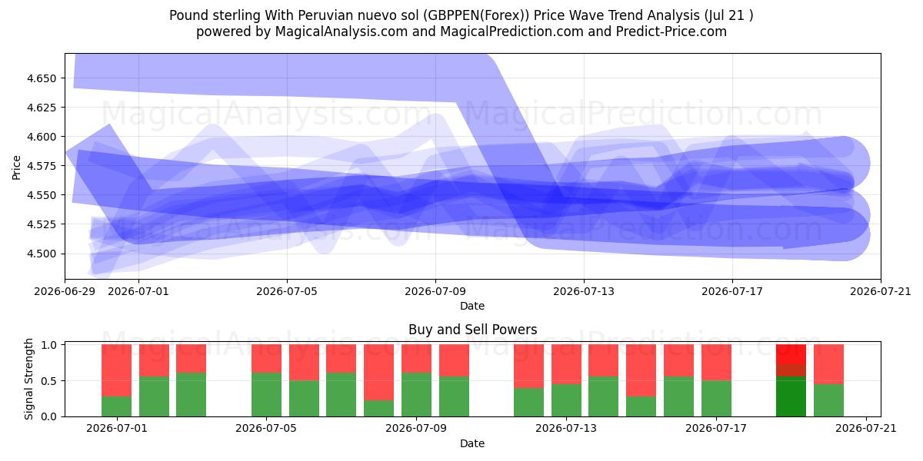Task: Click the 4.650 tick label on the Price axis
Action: (x=42, y=78)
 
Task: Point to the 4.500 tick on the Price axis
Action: (x=42, y=254)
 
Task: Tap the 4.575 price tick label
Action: (x=42, y=166)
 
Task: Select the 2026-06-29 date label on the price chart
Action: (x=65, y=291)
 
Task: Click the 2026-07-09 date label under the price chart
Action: (x=435, y=291)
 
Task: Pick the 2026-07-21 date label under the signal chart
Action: (x=866, y=428)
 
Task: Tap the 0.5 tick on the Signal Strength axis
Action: (x=49, y=381)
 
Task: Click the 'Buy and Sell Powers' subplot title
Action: (x=472, y=330)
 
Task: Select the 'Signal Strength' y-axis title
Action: (x=28, y=379)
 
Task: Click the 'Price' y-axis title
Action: (x=16, y=167)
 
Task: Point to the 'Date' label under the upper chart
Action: (x=472, y=306)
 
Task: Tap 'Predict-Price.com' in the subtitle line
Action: (x=671, y=32)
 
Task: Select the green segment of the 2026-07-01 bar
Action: (x=117, y=406)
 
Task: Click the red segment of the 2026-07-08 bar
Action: (x=378, y=372)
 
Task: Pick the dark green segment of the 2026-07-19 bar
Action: (x=791, y=396)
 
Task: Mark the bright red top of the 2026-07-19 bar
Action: (x=791, y=354)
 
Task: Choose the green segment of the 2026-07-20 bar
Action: (x=828, y=400)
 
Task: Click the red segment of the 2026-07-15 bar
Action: (x=641, y=370)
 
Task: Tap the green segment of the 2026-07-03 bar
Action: (x=192, y=395)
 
